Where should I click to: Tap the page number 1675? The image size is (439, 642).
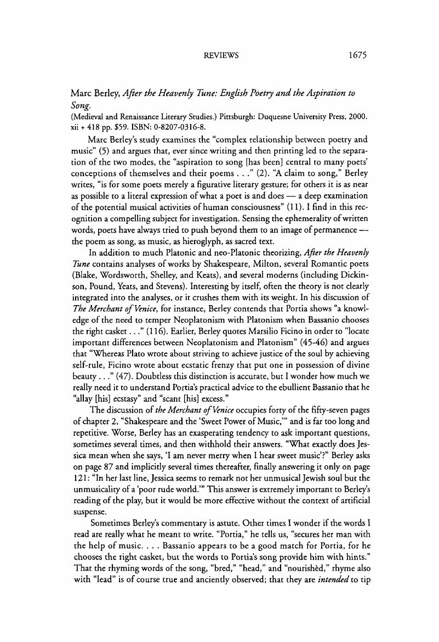[x=356, y=55]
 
